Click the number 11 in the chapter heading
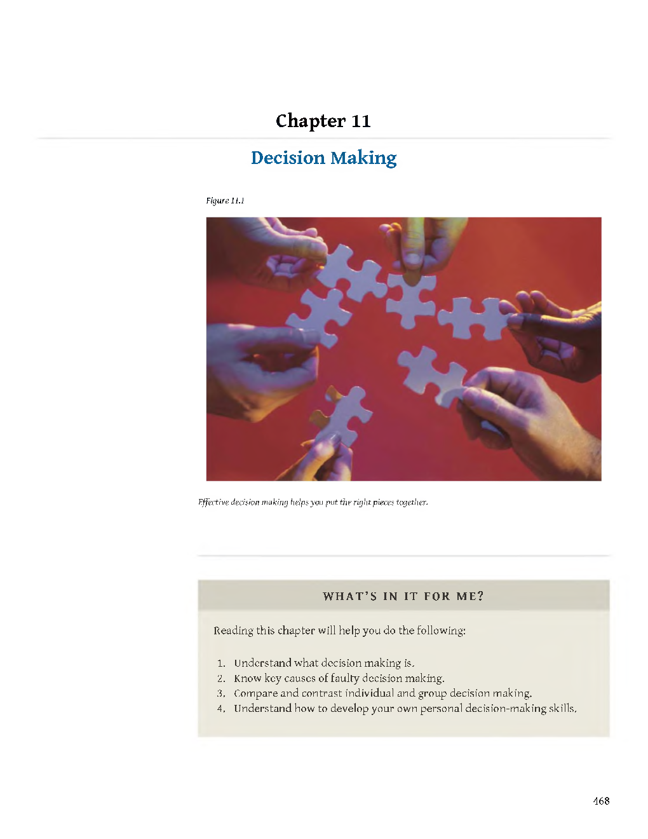point(361,121)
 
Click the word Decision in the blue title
point(288,158)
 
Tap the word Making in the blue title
point(363,158)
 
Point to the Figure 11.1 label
point(225,200)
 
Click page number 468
point(601,801)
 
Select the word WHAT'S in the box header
point(349,596)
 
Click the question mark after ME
point(480,596)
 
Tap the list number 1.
point(220,664)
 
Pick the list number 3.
point(220,693)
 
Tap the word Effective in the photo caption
point(213,502)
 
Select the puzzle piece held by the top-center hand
point(411,299)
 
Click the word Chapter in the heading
point(311,121)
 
